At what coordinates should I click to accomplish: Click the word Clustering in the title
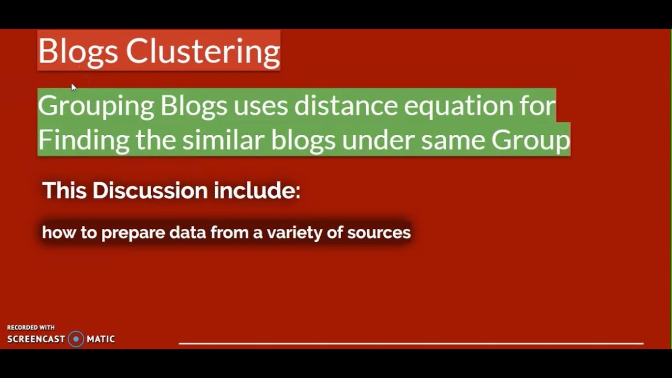[x=203, y=51]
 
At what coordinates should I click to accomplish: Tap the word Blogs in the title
[x=78, y=51]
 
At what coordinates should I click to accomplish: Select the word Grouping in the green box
[x=96, y=106]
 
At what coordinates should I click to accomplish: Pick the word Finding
[x=83, y=140]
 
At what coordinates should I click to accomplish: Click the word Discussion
[x=150, y=190]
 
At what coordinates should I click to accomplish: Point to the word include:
[x=257, y=190]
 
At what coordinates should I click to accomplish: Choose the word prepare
[x=133, y=233]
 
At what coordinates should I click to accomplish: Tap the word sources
[x=379, y=232]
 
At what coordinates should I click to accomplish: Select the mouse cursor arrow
[x=73, y=87]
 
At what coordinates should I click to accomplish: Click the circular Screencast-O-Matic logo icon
[x=76, y=339]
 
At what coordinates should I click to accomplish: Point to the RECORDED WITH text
[x=30, y=328]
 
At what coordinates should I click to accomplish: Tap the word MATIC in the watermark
[x=101, y=339]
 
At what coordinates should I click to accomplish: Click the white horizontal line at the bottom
[x=411, y=343]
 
